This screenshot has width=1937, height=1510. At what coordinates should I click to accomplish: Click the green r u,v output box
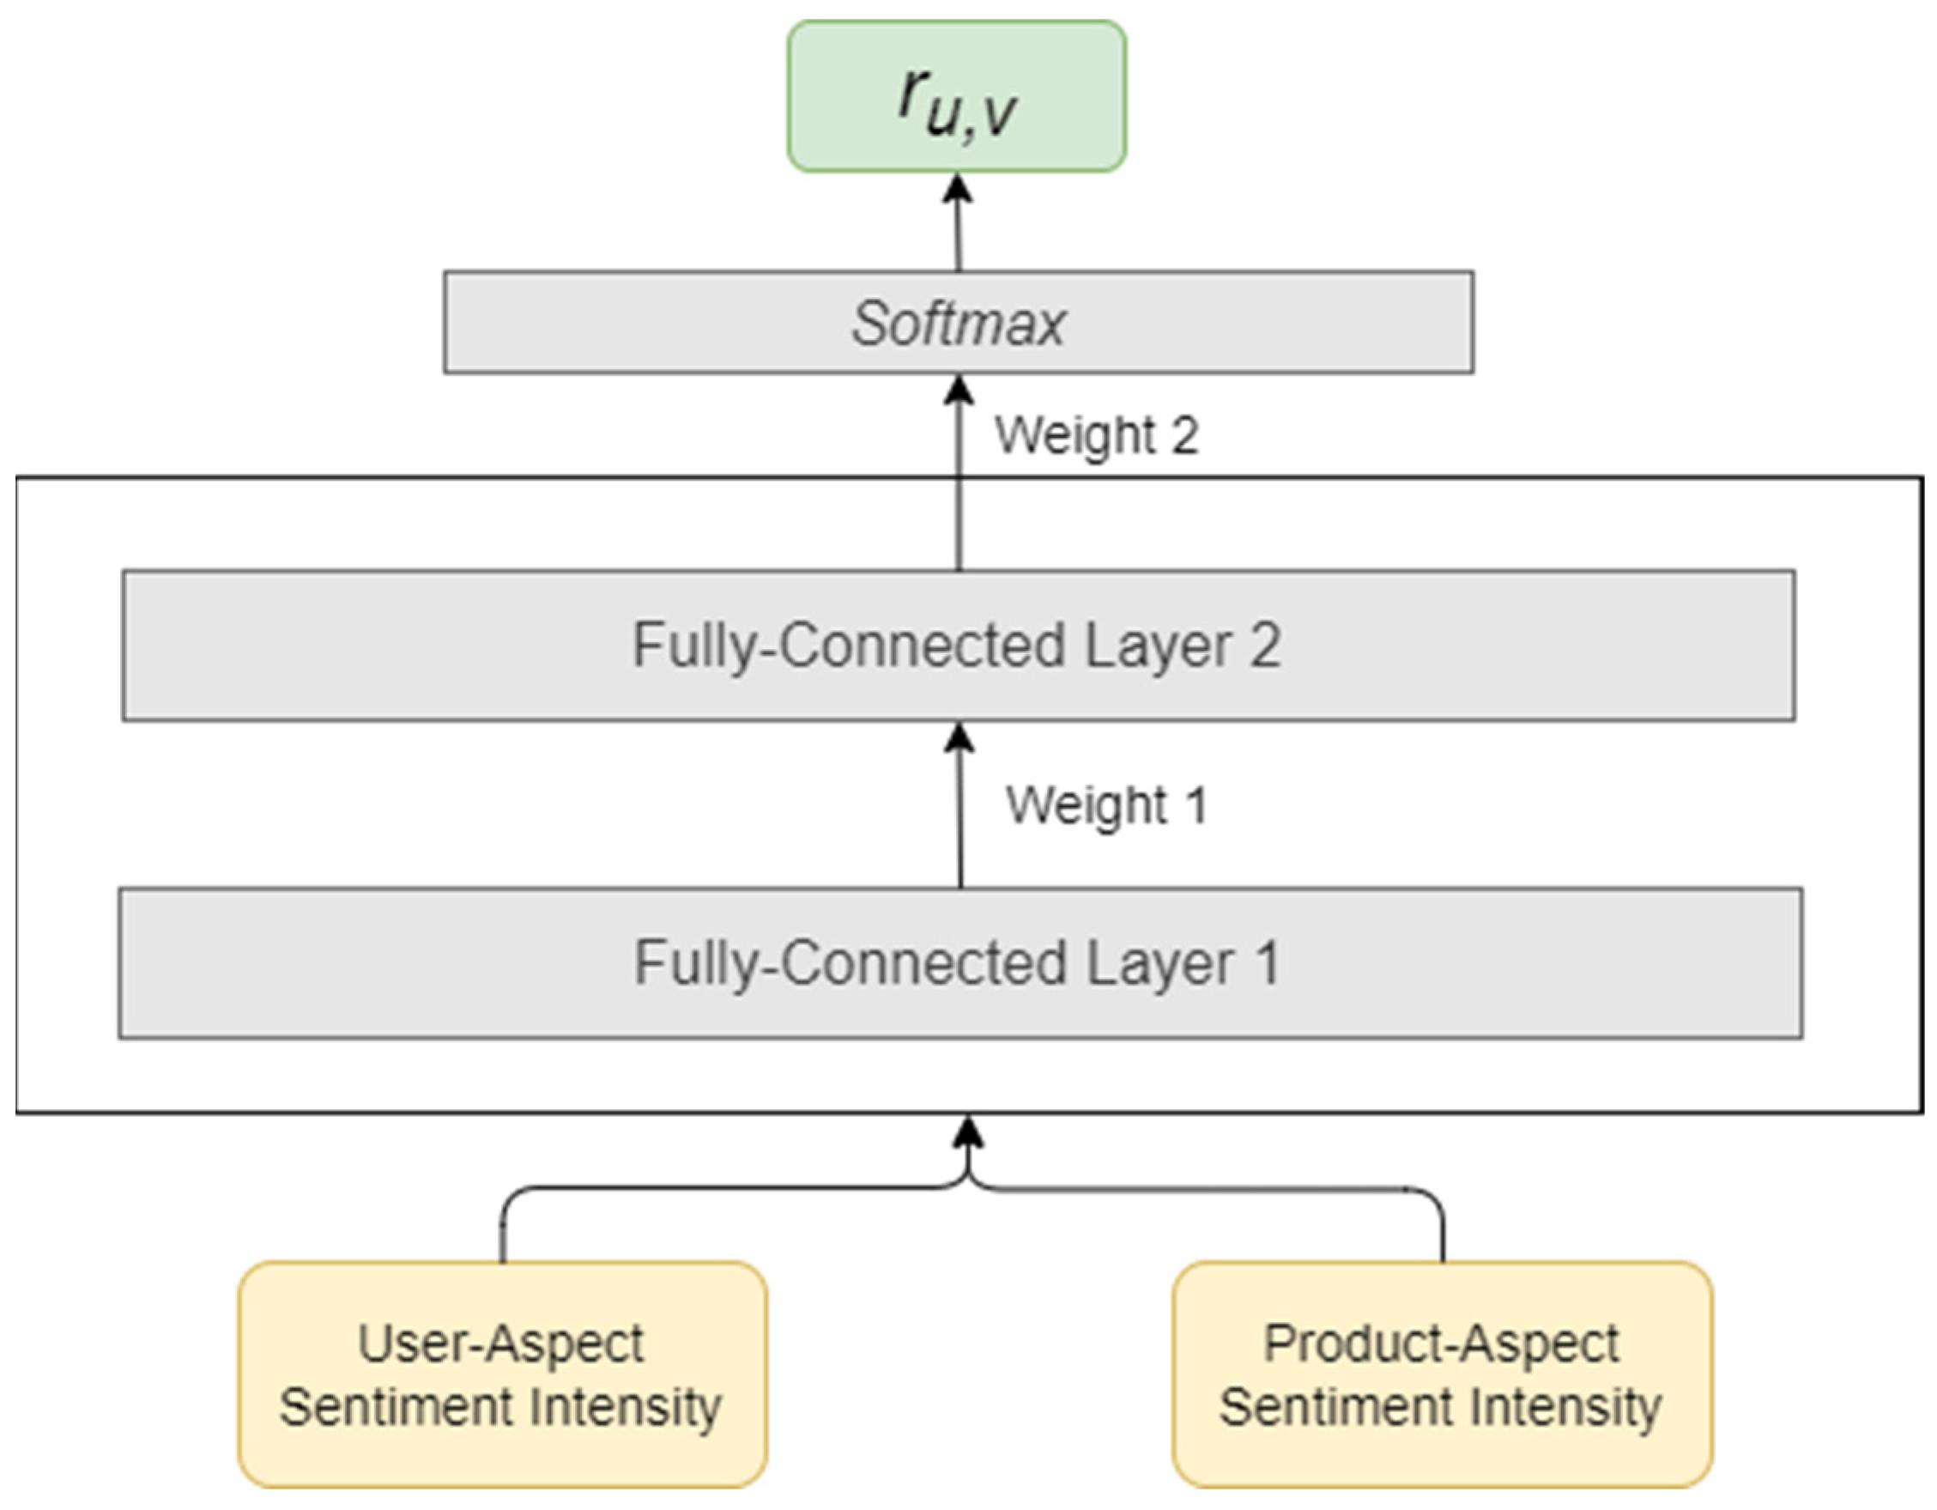[x=956, y=96]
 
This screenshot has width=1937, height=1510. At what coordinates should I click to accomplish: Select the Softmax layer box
[x=958, y=322]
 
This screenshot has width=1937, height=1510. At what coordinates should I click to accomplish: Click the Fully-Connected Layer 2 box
[x=958, y=645]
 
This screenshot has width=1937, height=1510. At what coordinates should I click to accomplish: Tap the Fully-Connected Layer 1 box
[x=959, y=962]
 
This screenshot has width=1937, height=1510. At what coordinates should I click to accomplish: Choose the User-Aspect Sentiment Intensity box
[x=502, y=1374]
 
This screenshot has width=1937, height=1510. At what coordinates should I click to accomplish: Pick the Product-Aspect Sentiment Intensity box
[x=1442, y=1374]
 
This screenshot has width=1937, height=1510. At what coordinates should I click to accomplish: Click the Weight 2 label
[x=1096, y=434]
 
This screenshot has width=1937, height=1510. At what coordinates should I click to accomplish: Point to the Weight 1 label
[x=1106, y=805]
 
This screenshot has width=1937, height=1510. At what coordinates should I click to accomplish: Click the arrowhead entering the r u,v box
[x=957, y=188]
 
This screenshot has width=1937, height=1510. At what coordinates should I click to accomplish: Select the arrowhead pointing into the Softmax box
[x=958, y=391]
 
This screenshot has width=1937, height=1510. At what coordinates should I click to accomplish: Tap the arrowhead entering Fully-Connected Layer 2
[x=959, y=739]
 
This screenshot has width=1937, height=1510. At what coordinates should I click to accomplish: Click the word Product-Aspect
[x=1441, y=1343]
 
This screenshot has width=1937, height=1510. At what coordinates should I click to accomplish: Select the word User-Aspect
[x=500, y=1343]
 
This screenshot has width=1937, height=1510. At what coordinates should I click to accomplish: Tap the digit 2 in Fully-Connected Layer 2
[x=1266, y=645]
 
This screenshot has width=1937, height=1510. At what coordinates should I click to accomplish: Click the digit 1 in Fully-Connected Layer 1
[x=1268, y=962]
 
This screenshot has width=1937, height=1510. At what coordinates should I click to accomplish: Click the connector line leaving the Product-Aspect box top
[x=1442, y=1234]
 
